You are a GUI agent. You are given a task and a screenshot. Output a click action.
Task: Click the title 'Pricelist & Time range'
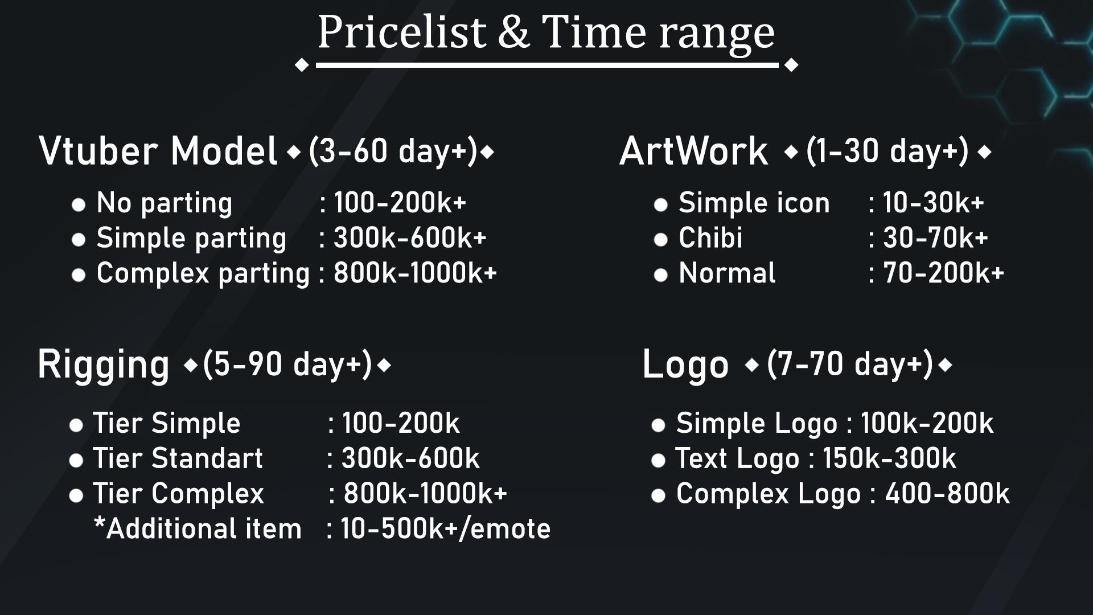tap(546, 32)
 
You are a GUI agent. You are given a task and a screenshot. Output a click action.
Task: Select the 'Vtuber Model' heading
tap(158, 151)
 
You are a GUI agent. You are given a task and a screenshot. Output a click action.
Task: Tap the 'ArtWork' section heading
tap(694, 151)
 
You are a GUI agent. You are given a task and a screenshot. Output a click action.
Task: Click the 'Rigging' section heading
tap(104, 365)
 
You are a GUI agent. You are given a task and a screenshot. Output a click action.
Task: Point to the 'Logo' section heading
tap(685, 365)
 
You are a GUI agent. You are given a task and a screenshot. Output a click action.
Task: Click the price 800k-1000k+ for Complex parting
tap(416, 273)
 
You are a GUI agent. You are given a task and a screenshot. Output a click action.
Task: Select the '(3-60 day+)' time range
tap(393, 151)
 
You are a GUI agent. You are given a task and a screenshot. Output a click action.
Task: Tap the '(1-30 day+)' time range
tap(887, 151)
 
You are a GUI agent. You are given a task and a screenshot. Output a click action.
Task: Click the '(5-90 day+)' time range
tap(287, 364)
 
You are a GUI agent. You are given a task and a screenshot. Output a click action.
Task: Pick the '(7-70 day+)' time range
tap(850, 364)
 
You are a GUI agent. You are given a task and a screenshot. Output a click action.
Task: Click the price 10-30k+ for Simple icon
tap(934, 203)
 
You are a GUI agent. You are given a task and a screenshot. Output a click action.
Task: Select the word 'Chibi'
tap(710, 238)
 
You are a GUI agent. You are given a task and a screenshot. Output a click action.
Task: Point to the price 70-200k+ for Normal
tap(943, 273)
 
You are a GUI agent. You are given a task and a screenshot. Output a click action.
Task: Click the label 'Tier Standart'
tap(178, 458)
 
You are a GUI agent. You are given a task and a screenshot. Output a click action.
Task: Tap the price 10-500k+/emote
tap(446, 529)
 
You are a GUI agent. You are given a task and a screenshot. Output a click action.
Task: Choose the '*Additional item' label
tap(198, 528)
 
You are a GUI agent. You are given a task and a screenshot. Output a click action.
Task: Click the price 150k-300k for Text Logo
tap(889, 458)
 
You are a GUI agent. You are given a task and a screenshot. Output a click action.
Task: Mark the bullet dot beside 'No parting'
tap(79, 204)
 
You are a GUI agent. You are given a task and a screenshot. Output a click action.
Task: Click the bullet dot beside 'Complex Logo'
tap(658, 496)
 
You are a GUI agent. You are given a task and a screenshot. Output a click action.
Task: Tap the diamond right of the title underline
tap(791, 65)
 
